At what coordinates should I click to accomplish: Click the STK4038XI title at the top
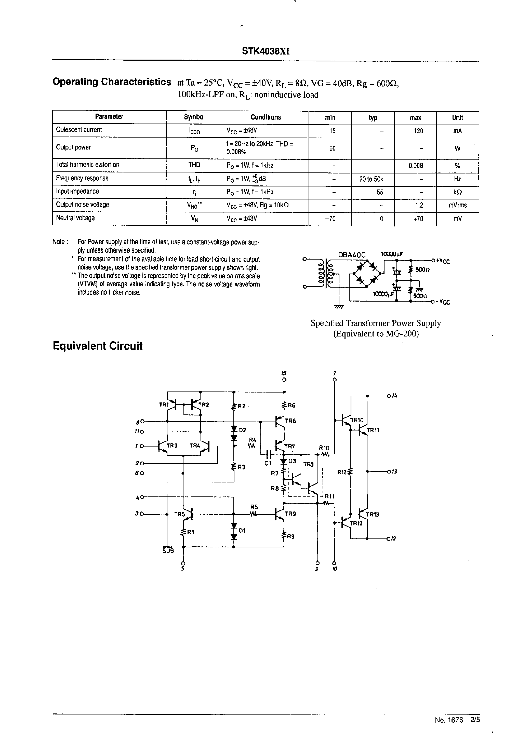click(265, 51)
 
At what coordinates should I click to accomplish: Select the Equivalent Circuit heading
click(98, 346)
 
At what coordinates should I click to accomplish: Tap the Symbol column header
click(194, 117)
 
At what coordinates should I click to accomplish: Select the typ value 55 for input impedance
click(380, 192)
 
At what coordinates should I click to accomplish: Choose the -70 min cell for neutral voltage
click(330, 219)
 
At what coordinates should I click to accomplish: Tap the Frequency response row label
click(82, 178)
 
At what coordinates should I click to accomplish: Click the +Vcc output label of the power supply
click(443, 261)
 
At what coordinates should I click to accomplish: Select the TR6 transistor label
click(290, 421)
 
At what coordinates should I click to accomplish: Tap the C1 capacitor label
click(268, 463)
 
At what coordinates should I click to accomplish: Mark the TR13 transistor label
click(372, 514)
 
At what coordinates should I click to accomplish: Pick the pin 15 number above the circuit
click(284, 373)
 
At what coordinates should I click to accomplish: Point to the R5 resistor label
click(254, 507)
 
